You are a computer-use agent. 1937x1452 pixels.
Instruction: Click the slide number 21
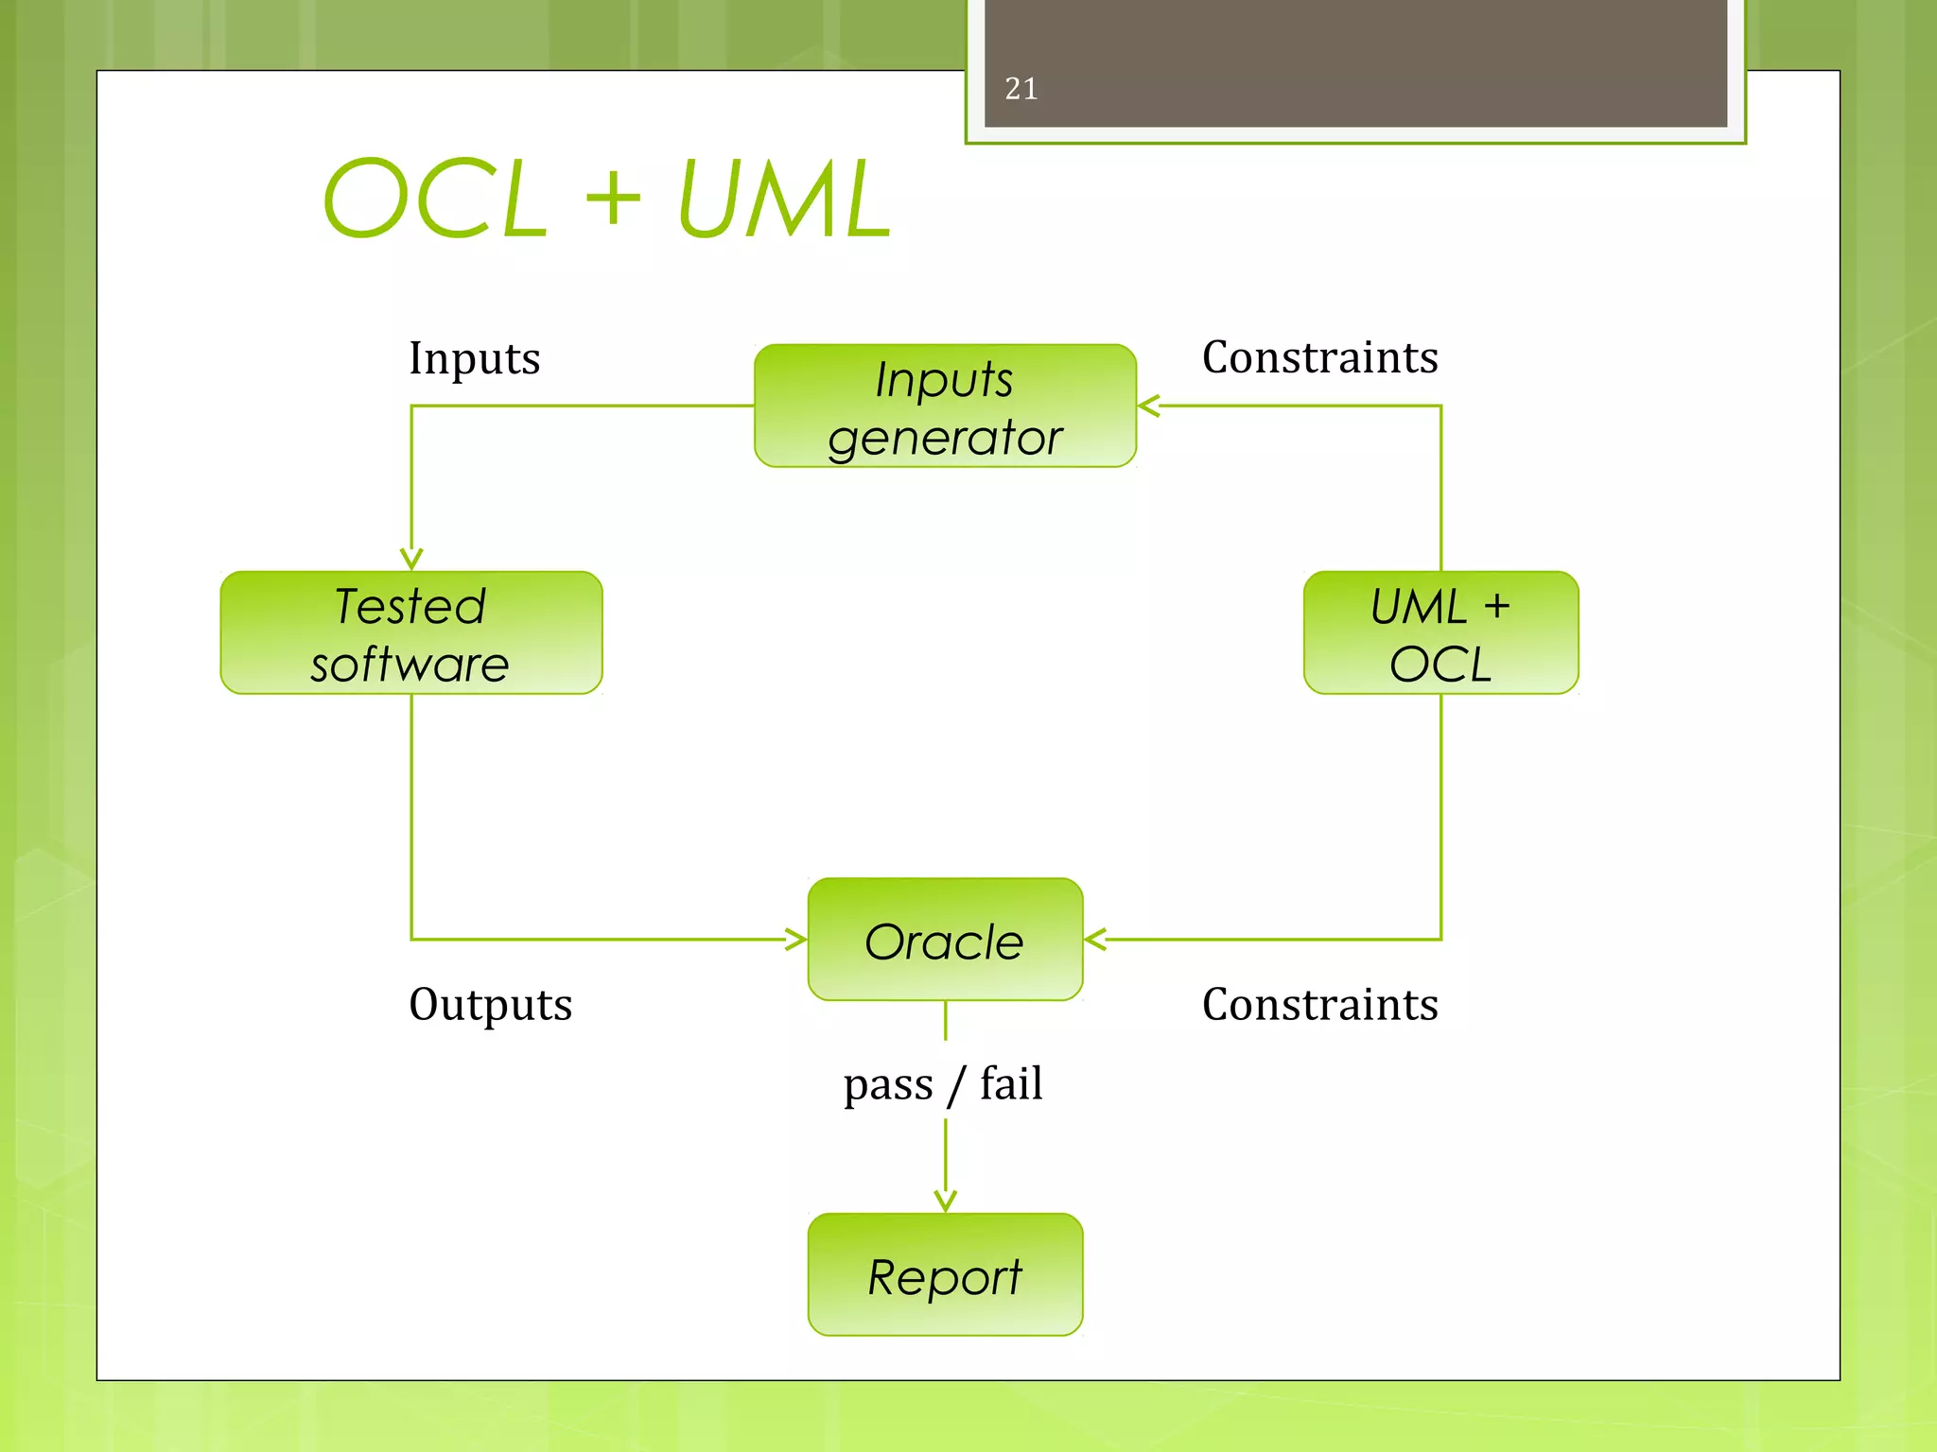coord(1021,89)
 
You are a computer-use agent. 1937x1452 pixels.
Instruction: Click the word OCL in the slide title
coord(436,199)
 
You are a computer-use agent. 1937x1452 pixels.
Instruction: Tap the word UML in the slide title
coord(784,199)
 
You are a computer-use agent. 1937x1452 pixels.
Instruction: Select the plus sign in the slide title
coord(612,199)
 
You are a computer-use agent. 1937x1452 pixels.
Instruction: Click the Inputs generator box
coord(945,406)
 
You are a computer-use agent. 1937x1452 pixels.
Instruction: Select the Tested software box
coord(411,633)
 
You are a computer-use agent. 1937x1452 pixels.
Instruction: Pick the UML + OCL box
coord(1440,633)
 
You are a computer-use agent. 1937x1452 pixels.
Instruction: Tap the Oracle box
coord(945,941)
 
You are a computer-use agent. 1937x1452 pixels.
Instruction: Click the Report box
coord(945,1275)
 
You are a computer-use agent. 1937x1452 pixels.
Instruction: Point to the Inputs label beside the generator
coord(474,359)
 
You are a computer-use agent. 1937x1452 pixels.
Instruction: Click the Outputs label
coord(490,1004)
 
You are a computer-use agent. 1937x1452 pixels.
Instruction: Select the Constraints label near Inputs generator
coord(1319,358)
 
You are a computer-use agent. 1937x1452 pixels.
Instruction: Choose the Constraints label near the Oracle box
coord(1319,1004)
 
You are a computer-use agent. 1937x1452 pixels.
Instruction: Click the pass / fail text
coord(943,1083)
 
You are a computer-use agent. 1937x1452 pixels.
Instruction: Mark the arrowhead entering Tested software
coord(411,560)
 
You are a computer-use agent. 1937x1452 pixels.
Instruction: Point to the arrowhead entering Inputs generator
coord(1148,406)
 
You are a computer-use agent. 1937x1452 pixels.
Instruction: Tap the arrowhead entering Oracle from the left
coord(796,940)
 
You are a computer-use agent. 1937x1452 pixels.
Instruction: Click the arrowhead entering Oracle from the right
coord(1095,940)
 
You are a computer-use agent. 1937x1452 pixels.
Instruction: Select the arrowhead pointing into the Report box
coord(945,1201)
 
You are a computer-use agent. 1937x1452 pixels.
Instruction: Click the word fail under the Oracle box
coord(1011,1083)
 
